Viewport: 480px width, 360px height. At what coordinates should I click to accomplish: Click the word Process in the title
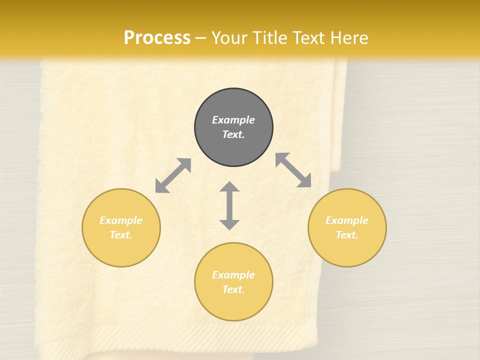point(157,38)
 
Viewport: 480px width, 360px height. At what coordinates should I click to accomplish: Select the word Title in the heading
point(269,38)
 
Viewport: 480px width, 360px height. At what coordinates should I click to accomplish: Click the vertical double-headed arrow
point(229,206)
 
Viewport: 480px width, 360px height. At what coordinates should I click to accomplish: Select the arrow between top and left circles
point(173,175)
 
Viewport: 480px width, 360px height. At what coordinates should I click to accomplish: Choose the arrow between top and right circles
point(293,170)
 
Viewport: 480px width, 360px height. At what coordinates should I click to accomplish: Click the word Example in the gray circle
point(233,120)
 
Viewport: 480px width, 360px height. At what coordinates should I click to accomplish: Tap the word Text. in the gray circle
point(233,134)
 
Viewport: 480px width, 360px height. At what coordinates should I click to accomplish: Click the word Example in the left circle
point(121,220)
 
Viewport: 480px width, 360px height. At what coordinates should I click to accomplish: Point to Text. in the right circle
point(347,235)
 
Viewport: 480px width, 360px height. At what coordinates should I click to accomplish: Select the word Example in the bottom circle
point(233,275)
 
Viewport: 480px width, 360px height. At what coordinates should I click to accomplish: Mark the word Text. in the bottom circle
point(233,289)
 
